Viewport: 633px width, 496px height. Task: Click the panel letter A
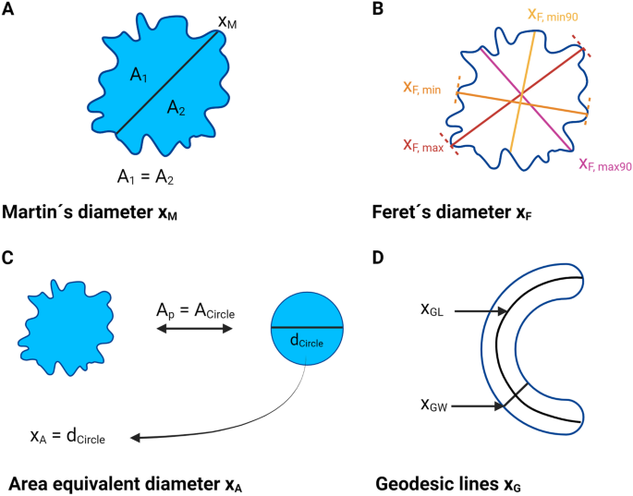point(9,12)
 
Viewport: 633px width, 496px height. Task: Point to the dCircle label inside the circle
point(305,340)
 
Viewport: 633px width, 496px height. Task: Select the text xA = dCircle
point(67,436)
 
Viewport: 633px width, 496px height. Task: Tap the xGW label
point(435,405)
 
